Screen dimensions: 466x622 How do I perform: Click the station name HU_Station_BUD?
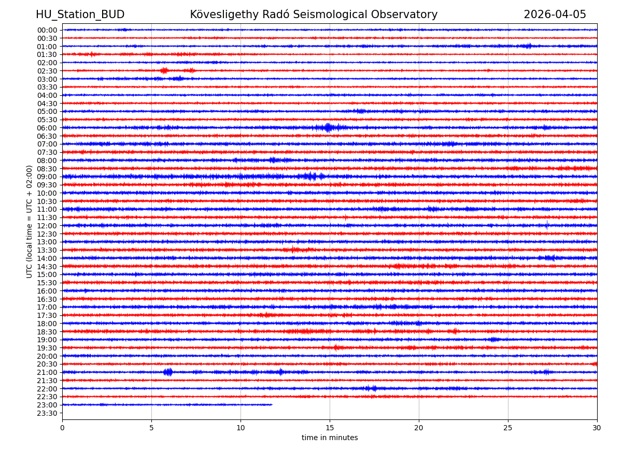(x=80, y=14)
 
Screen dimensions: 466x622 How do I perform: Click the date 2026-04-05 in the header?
(x=555, y=14)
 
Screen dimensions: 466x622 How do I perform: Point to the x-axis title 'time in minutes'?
(x=330, y=438)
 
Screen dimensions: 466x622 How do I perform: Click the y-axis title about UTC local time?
(x=30, y=222)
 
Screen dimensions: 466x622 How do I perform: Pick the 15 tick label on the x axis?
(x=330, y=428)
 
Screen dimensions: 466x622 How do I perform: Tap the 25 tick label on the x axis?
(x=508, y=428)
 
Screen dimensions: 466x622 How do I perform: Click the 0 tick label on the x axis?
(x=62, y=428)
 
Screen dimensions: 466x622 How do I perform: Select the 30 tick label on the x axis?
(x=597, y=428)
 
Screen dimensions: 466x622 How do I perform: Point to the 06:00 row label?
(x=47, y=128)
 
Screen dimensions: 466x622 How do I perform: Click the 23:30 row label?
(x=47, y=413)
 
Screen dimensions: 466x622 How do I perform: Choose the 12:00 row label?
(x=47, y=226)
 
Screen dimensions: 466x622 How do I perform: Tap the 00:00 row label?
(x=47, y=30)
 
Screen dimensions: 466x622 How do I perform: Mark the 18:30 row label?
(x=47, y=331)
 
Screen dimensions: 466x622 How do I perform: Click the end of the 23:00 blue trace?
(x=272, y=404)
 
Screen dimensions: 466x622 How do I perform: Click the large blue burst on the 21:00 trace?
(x=167, y=372)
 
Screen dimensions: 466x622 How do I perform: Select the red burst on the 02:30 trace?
(x=164, y=70)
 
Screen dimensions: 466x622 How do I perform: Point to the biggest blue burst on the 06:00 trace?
(x=328, y=127)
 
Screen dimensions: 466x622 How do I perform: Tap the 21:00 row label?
(x=47, y=372)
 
